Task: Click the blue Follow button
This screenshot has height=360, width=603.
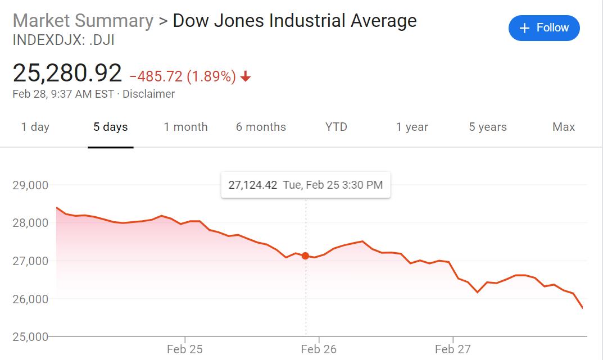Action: tap(543, 28)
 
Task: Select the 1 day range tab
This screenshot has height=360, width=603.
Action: tap(35, 127)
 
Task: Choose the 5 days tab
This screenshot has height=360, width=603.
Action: tap(111, 127)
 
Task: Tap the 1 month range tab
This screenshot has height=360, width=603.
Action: tap(185, 127)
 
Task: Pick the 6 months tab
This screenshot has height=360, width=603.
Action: tap(261, 127)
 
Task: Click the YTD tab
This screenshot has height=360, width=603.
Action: tap(336, 127)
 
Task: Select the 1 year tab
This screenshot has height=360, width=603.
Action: tap(412, 127)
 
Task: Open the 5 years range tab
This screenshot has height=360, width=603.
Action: tap(488, 127)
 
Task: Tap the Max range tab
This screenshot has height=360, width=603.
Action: tap(564, 127)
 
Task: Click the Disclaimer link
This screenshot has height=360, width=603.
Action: tap(148, 94)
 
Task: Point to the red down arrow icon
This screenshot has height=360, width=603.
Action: tap(245, 77)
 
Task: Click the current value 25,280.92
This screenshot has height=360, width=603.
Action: tap(67, 74)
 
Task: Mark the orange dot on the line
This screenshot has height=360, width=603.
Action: tap(306, 256)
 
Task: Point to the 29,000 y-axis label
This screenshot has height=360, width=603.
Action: tap(30, 185)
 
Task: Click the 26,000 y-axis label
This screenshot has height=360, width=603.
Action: tap(30, 299)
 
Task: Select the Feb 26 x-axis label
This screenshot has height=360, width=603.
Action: tap(319, 349)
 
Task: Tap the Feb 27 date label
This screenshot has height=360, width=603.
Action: tap(453, 349)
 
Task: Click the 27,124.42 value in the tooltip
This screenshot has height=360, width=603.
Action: tap(253, 185)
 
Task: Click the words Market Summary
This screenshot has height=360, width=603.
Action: tap(83, 21)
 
